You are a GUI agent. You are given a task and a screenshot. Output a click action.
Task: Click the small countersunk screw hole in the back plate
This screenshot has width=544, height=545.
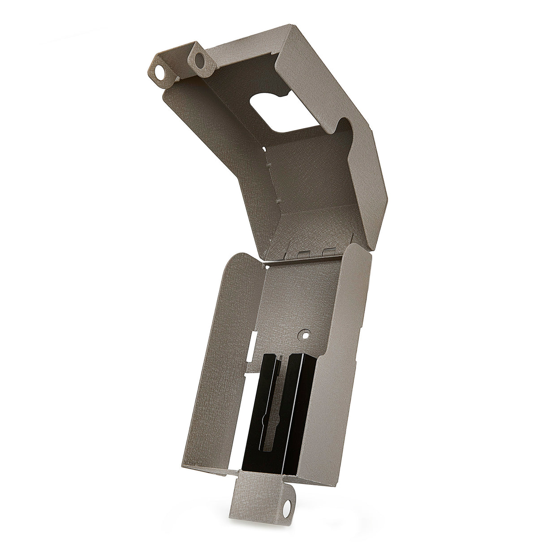click(x=306, y=335)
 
